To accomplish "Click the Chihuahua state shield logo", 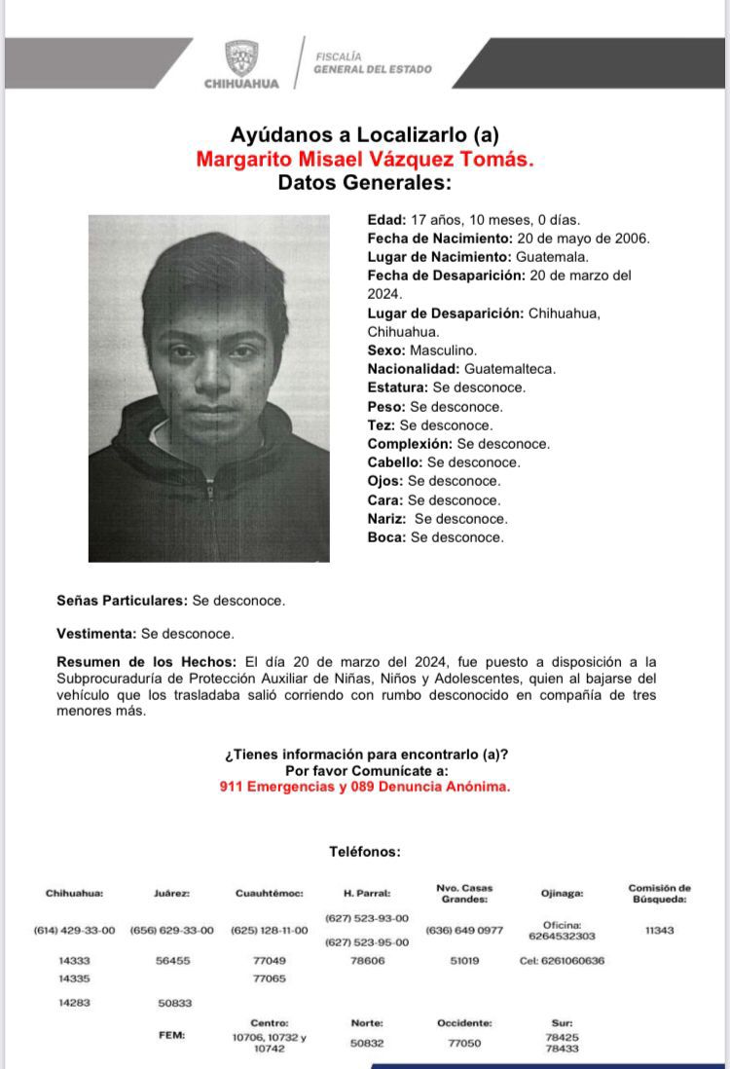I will tap(241, 57).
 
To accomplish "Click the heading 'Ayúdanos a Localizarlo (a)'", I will tap(364, 135).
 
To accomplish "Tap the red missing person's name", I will tap(364, 160).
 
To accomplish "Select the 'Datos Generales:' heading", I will tap(364, 183).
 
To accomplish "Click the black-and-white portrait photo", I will tap(208, 388).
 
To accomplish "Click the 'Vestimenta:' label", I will tap(96, 633).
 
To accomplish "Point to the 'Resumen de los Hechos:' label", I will tap(146, 662).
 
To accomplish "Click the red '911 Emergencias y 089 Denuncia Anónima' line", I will tap(364, 787).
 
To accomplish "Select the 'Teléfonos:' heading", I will tap(364, 851).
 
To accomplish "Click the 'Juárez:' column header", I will tap(171, 893).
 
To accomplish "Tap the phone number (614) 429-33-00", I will tap(74, 930).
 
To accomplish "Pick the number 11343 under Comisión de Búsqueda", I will tap(659, 930).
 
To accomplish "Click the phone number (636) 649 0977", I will tap(464, 930).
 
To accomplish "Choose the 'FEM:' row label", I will tap(171, 1035).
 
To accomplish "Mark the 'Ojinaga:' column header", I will tap(562, 893).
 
